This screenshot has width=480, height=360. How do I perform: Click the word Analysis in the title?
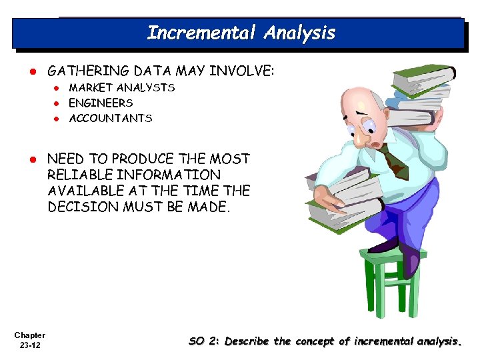pos(299,33)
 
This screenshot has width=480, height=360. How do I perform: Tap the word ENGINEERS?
pos(101,103)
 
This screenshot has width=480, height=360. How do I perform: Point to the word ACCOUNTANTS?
pos(111,118)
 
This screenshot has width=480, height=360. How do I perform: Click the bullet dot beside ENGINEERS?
pos(58,103)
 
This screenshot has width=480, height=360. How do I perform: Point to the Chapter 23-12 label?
pos(29,340)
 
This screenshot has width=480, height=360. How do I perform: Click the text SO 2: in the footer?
pos(204,341)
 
